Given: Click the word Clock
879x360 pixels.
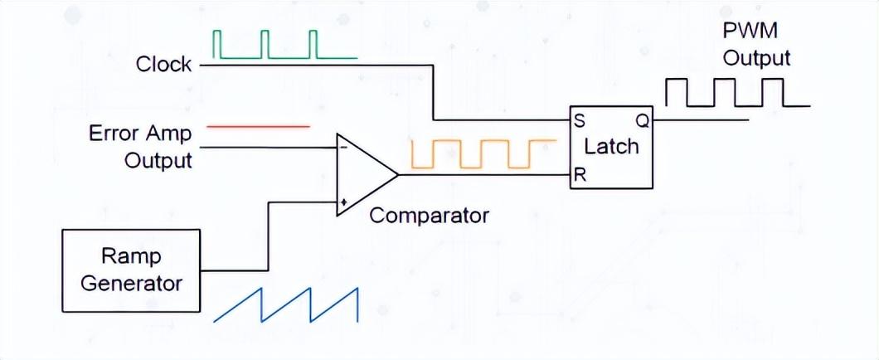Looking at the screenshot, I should [x=164, y=64].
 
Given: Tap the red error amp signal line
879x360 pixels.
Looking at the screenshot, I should [x=257, y=126].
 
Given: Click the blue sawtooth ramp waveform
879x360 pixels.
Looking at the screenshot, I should [x=286, y=304].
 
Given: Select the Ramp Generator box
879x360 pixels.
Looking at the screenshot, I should [x=131, y=270].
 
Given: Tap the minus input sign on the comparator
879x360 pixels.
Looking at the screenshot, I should [x=342, y=148].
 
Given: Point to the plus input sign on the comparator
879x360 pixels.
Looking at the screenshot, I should [x=342, y=202].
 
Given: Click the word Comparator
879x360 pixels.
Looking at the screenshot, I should [x=429, y=216].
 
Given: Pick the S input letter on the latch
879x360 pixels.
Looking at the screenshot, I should [x=580, y=119].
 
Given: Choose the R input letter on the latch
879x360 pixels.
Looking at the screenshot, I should [x=580, y=176].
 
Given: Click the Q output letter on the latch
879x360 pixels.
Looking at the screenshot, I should [x=642, y=119].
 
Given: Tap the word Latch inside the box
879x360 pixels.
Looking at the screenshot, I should [x=611, y=147].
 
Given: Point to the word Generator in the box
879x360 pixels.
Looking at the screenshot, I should [x=131, y=283].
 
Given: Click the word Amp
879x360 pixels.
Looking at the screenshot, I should [x=170, y=133].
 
